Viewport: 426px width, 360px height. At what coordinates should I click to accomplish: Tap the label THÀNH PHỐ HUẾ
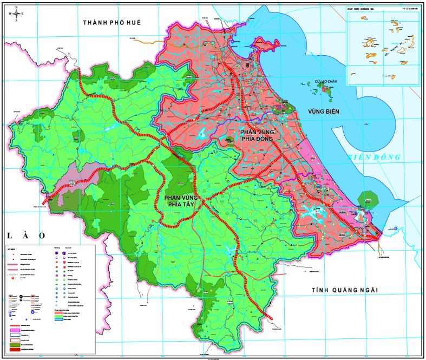click(x=115, y=22)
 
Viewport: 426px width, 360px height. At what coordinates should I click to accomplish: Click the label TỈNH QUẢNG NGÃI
click(x=344, y=290)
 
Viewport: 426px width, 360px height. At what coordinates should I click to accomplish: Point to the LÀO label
click(x=26, y=235)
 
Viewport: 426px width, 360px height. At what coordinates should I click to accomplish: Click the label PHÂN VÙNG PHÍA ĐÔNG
click(x=259, y=135)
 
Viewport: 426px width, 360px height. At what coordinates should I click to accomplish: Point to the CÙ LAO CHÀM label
click(x=326, y=82)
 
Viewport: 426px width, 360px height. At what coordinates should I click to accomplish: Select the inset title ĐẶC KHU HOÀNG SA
click(x=362, y=9)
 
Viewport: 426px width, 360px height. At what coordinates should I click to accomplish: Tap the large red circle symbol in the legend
click(x=13, y=278)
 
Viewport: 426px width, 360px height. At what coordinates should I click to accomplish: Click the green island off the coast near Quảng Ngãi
click(x=368, y=199)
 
